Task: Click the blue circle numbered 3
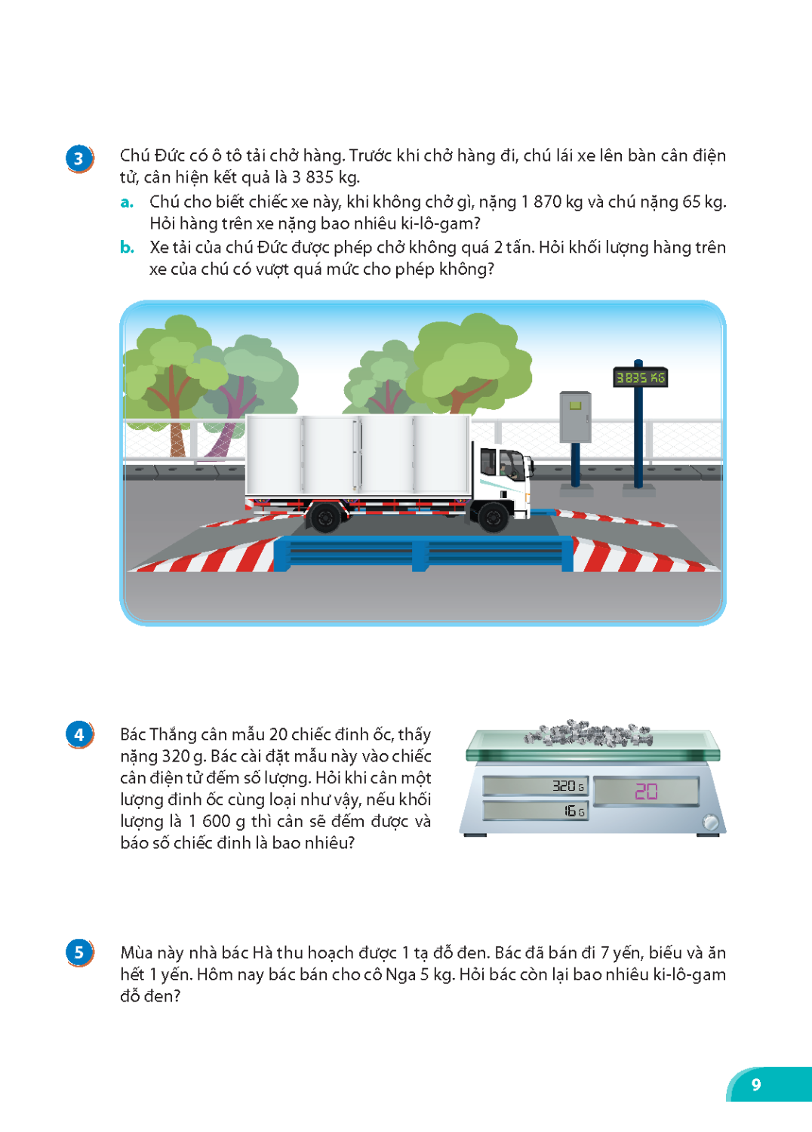78,158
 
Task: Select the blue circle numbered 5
78,952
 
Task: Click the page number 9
756,1084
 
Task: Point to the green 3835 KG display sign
640,377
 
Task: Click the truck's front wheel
493,516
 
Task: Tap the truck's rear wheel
325,517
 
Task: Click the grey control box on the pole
575,417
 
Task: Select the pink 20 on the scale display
646,791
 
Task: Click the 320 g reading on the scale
568,786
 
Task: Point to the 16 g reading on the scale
574,811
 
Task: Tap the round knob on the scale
710,823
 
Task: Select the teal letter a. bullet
127,202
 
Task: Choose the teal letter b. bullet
127,247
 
